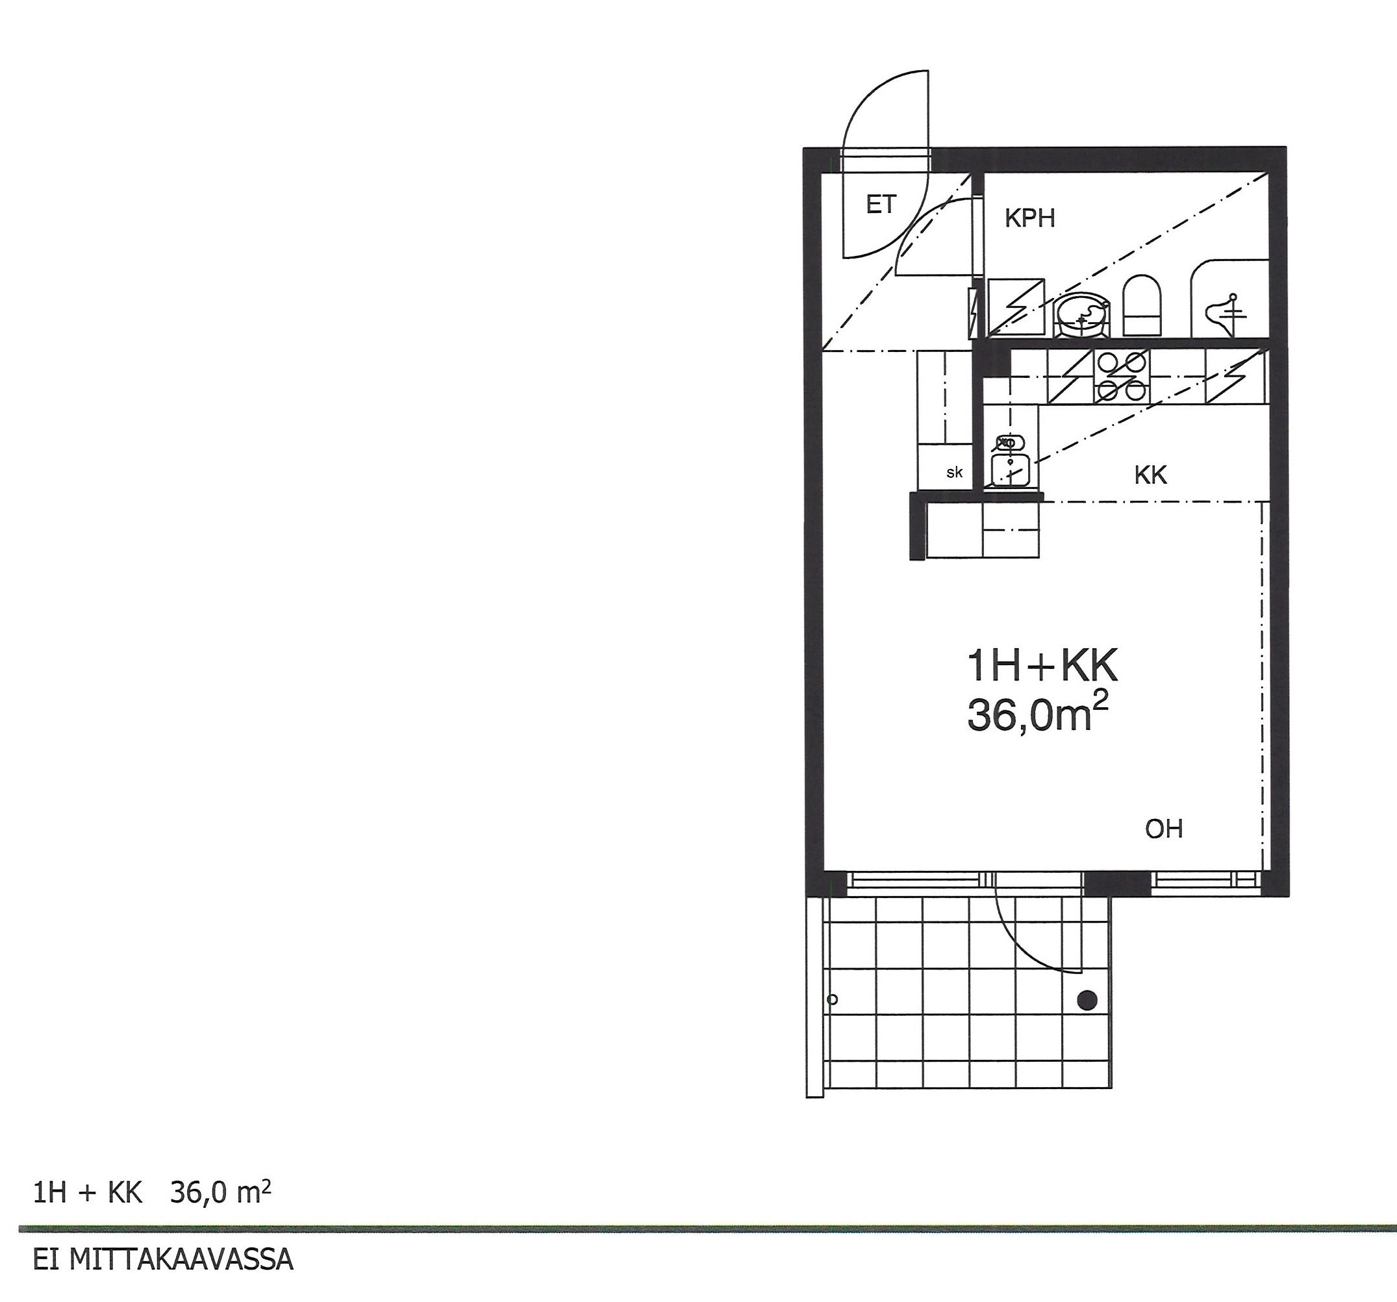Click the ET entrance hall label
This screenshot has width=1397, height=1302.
(x=881, y=205)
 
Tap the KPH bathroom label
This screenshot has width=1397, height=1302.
(x=1029, y=219)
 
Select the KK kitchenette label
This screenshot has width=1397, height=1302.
(x=1150, y=476)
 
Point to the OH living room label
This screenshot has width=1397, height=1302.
(x=1164, y=829)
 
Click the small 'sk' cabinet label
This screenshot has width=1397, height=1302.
(x=954, y=473)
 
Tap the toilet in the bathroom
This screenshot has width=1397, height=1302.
(x=1141, y=306)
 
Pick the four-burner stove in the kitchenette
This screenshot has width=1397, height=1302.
(x=1122, y=377)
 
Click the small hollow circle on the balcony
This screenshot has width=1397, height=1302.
(x=833, y=999)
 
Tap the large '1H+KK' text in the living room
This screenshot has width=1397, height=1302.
(x=1042, y=666)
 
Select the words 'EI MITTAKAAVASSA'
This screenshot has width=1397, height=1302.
(x=163, y=1260)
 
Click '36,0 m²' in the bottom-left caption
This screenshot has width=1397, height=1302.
(x=220, y=1192)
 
